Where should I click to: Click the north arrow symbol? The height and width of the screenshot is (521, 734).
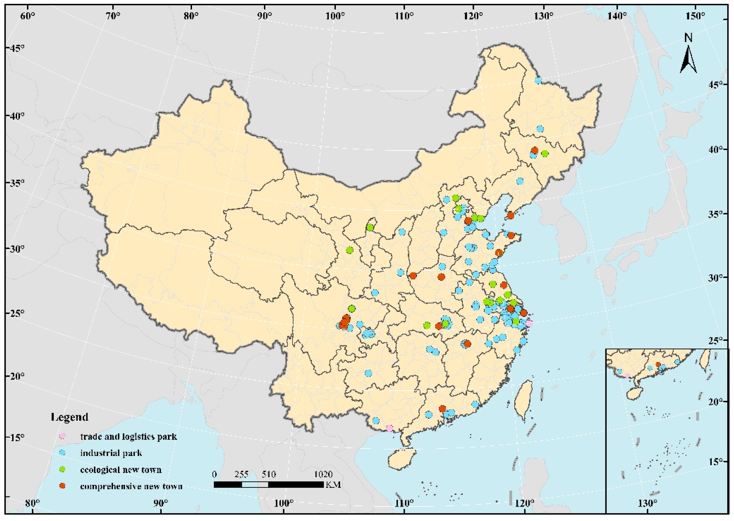tap(688, 59)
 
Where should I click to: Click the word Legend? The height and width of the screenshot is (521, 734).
tap(70, 417)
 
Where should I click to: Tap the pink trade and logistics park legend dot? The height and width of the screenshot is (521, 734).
tap(63, 436)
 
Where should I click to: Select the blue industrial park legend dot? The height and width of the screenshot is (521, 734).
tap(63, 453)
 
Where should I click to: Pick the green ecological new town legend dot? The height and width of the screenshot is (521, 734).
tap(63, 469)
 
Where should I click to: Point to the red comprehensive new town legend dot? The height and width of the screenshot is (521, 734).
tap(63, 486)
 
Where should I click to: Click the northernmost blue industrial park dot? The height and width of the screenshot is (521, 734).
tap(538, 81)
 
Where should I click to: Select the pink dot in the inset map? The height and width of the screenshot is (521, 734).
tap(627, 376)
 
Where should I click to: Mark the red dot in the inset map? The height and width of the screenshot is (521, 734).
tap(658, 365)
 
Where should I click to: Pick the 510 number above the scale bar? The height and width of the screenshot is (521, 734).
tap(269, 474)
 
